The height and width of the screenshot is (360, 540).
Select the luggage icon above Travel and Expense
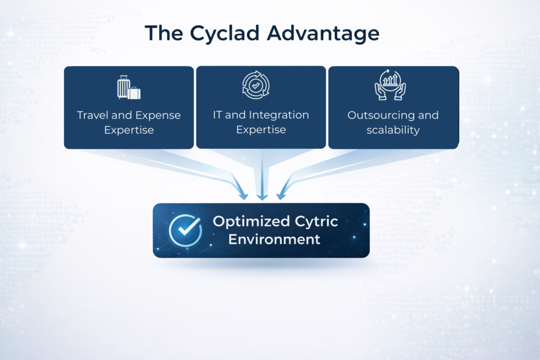[x=129, y=87]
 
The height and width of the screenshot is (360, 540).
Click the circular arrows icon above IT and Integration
[x=256, y=85]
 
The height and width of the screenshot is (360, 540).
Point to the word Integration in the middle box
[x=279, y=115]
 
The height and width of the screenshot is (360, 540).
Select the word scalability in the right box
[x=393, y=130]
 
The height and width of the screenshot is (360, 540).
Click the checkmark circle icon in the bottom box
[x=186, y=230]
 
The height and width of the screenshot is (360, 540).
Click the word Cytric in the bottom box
[x=316, y=222]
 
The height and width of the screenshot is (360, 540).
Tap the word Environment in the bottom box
[x=274, y=239]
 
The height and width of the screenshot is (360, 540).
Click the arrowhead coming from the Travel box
[x=243, y=195]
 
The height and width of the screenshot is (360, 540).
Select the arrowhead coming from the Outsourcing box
[x=282, y=195]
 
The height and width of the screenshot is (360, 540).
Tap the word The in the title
[x=163, y=33]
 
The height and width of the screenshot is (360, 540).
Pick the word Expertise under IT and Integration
[x=261, y=130]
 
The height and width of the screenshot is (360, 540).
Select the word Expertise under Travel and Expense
[x=129, y=130]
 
